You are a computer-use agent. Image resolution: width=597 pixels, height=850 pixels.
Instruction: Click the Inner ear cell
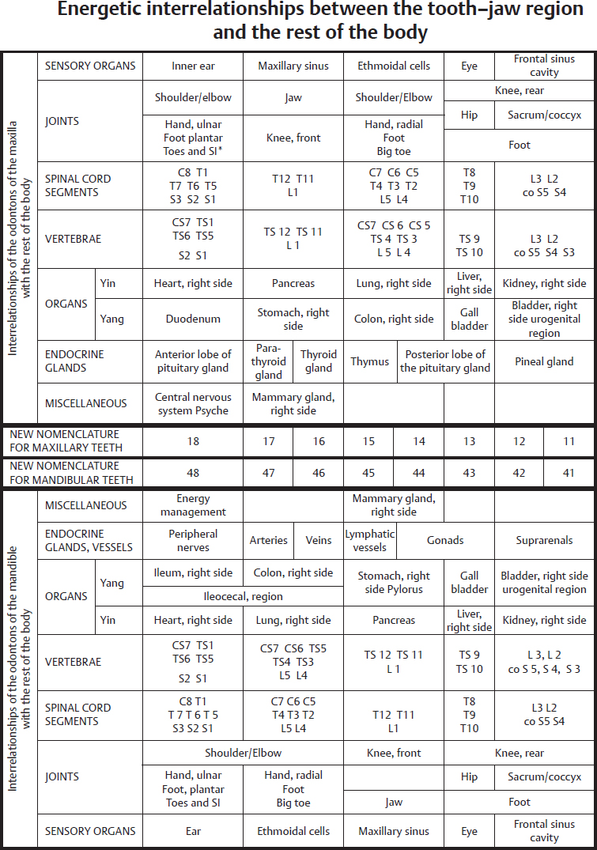[x=193, y=66]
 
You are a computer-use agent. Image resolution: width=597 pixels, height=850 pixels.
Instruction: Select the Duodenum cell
[x=193, y=319]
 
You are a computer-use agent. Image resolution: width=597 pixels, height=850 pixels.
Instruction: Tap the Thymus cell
[x=370, y=361]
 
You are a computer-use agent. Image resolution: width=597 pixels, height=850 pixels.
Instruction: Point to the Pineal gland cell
[x=544, y=361]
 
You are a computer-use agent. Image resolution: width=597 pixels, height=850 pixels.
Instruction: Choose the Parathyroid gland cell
[x=269, y=361]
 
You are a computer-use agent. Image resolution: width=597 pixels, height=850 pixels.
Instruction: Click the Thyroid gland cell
[x=319, y=361]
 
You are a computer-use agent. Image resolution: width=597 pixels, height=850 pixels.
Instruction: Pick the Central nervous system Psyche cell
[x=193, y=403]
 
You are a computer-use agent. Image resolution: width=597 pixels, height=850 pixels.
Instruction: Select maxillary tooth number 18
[x=193, y=441]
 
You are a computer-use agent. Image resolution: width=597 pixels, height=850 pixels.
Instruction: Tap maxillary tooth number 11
[x=569, y=441]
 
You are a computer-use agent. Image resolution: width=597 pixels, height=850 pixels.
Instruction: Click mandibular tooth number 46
[x=319, y=473]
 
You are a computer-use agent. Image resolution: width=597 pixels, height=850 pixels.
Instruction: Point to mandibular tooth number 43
[x=469, y=473]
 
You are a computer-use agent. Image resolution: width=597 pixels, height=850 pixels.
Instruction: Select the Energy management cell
[x=193, y=505]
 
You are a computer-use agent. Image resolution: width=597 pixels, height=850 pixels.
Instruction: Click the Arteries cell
[x=269, y=540]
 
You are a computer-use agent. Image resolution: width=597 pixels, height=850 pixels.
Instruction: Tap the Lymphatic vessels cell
[x=369, y=540]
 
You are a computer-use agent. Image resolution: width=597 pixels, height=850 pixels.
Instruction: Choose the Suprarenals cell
[x=544, y=540]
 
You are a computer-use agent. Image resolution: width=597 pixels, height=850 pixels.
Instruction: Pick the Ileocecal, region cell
[x=244, y=596]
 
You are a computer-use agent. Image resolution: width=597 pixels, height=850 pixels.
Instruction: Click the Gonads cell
[x=445, y=540]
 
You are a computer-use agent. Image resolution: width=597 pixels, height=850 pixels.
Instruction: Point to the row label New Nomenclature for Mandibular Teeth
[x=65, y=473]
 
